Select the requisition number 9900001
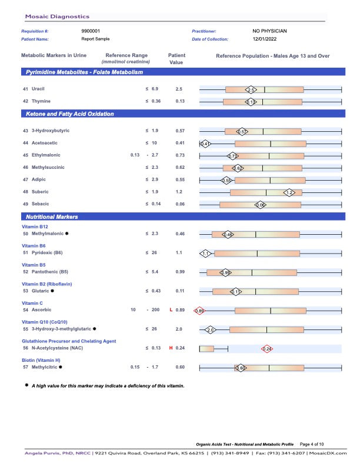coord(91,31)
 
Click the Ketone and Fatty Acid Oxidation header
coord(70,114)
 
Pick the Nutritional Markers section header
coord(52,217)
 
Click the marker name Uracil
coord(38,89)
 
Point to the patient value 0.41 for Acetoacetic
coord(180,143)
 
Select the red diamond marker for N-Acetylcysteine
coord(266,349)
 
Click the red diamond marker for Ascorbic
coord(199,311)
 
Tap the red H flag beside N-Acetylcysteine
coord(171,348)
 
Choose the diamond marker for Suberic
coord(289,192)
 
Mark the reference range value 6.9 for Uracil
coord(155,89)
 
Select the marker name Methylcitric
coord(44,367)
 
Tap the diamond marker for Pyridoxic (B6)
coord(205,254)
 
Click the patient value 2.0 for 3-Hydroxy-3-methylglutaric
coord(179,329)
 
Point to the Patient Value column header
coord(176,59)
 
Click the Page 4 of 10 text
coord(316,444)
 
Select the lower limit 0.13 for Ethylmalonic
coord(135,155)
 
